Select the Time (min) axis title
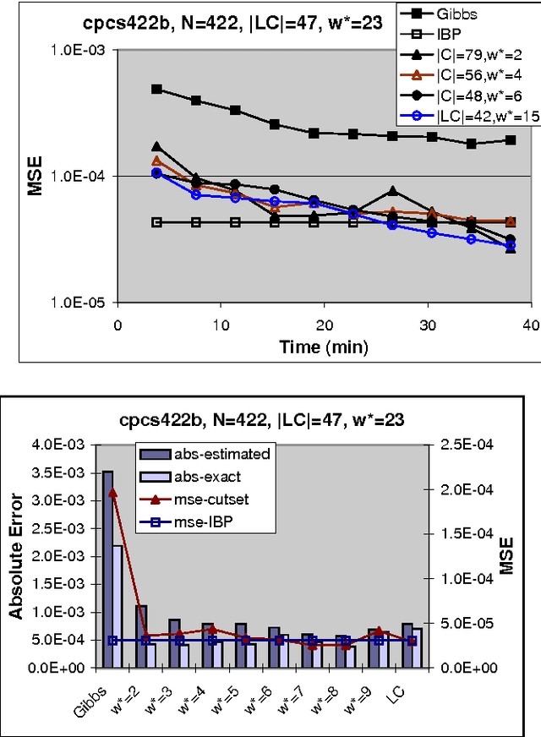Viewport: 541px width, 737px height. [324, 347]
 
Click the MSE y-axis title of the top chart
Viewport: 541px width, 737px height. [35, 175]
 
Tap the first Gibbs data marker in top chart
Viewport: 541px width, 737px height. [156, 89]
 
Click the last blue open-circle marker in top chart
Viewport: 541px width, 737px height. [511, 246]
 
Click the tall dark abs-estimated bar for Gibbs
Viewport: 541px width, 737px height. [107, 569]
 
